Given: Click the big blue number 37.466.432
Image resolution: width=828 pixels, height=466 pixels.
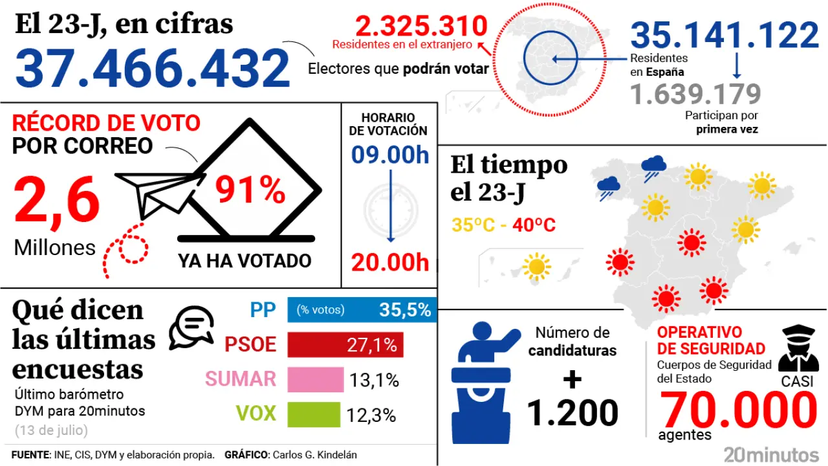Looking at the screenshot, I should (153, 69).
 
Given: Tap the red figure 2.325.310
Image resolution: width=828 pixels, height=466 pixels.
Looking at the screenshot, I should (421, 27).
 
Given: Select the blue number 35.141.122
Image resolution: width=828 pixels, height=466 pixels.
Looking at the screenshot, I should (724, 36).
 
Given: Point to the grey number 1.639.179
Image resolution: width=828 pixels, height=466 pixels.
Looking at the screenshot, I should (695, 95).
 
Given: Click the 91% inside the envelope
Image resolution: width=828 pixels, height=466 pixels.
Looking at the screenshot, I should (250, 190).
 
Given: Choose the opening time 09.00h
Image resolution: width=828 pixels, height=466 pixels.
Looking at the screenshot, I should (390, 155).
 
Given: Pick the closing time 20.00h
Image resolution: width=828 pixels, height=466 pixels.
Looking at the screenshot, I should (390, 262).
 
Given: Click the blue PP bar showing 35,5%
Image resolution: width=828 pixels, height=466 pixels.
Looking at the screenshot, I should (362, 310).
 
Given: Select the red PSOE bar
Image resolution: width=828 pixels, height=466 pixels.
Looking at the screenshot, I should (345, 345).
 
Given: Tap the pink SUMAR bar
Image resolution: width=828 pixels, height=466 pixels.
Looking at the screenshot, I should (315, 380).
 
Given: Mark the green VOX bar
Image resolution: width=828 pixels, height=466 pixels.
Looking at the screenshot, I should (313, 414).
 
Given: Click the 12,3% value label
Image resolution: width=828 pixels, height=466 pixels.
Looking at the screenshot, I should (371, 415).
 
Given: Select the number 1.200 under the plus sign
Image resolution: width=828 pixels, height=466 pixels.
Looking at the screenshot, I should (572, 413).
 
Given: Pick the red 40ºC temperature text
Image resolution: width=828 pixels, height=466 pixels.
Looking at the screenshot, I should (534, 226).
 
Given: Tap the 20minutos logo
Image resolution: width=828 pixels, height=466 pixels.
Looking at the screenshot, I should (771, 454).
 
